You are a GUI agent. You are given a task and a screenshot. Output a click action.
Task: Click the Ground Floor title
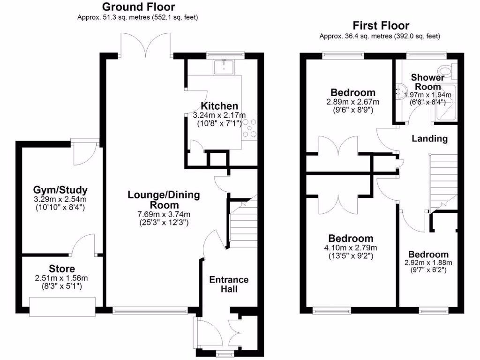(x=138, y=7)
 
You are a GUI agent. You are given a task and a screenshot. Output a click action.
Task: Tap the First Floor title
(x=381, y=26)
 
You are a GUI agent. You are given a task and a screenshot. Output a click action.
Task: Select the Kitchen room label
(x=219, y=106)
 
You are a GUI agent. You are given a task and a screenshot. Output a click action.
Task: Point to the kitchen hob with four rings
(x=250, y=128)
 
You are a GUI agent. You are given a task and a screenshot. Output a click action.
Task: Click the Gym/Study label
(x=60, y=190)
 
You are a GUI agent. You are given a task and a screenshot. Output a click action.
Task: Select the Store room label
(x=61, y=269)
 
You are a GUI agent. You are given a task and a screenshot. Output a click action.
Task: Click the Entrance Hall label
(x=229, y=284)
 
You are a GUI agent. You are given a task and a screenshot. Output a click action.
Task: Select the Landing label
(x=429, y=139)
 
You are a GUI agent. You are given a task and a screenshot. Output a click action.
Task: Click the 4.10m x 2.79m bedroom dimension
(x=351, y=248)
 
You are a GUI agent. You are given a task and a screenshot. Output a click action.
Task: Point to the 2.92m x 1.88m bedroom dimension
(x=428, y=262)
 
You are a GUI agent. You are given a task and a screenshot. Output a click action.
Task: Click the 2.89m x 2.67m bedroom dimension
(x=352, y=102)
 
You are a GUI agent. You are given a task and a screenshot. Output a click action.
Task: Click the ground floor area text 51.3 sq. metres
(x=138, y=18)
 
